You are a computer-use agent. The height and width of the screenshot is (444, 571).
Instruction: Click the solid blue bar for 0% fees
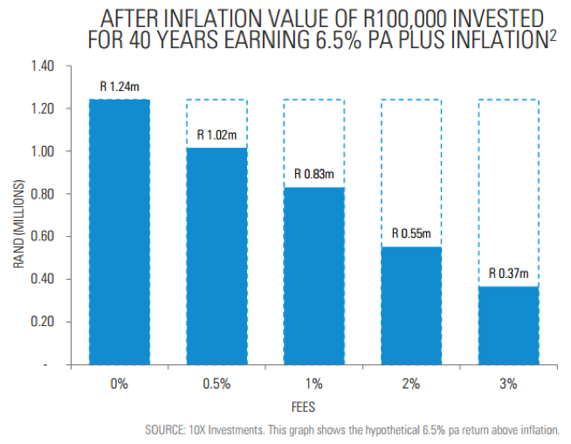click(x=120, y=232)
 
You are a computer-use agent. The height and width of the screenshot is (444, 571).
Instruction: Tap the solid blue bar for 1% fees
click(x=313, y=275)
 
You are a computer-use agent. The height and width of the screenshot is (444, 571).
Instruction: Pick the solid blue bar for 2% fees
click(x=411, y=305)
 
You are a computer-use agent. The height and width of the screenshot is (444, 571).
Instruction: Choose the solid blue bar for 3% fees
click(x=508, y=324)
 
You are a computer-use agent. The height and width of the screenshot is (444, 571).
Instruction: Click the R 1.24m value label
click(x=120, y=87)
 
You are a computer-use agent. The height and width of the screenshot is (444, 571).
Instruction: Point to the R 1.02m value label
click(x=217, y=135)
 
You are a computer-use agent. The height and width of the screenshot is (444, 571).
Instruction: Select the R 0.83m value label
click(x=313, y=175)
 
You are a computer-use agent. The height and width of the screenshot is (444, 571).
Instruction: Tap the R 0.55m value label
click(x=411, y=234)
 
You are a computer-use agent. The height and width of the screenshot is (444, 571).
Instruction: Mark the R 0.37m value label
click(x=508, y=274)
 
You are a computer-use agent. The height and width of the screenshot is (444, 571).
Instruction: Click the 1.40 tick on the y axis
click(x=43, y=66)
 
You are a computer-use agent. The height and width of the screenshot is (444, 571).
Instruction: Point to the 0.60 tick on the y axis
click(x=43, y=237)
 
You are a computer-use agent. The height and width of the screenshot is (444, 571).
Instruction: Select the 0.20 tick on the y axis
click(x=43, y=322)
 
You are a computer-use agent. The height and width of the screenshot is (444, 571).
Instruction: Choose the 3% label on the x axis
click(x=508, y=383)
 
